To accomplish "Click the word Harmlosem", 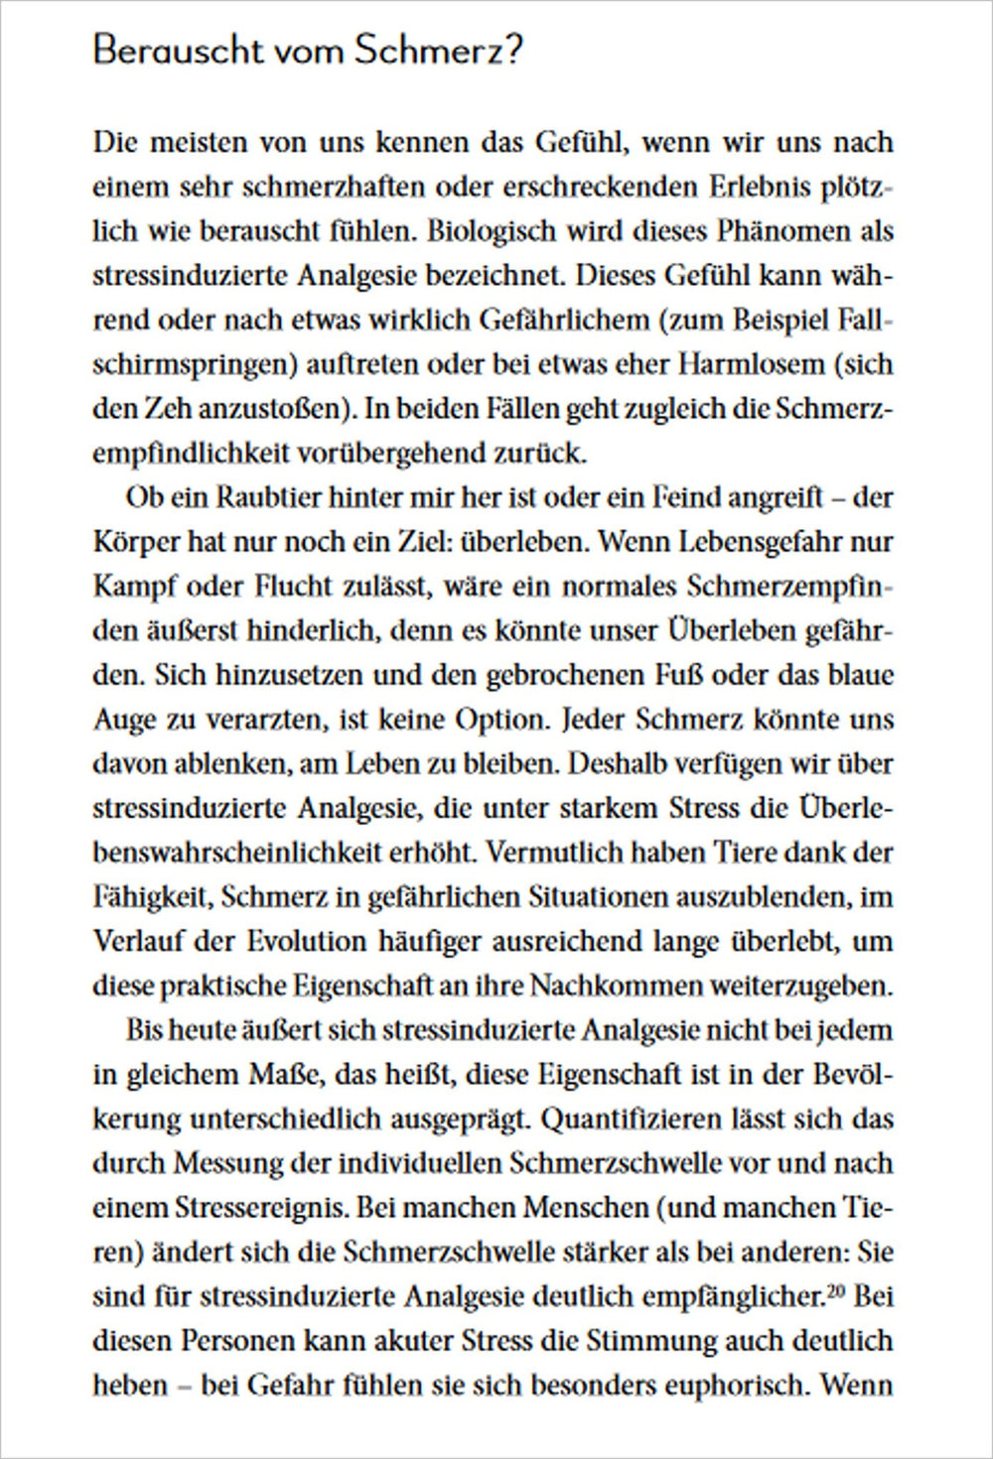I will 752,364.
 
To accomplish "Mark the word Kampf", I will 135,587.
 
